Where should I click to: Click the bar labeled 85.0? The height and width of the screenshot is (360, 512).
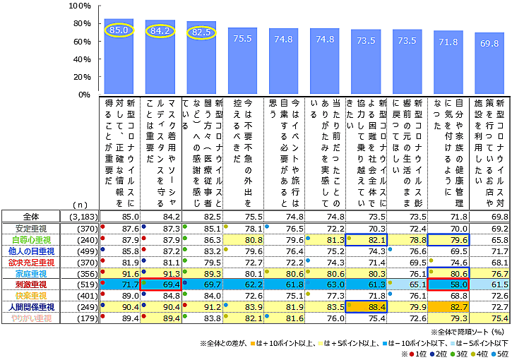coord(118,56)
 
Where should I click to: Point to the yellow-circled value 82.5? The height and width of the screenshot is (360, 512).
coord(201,31)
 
